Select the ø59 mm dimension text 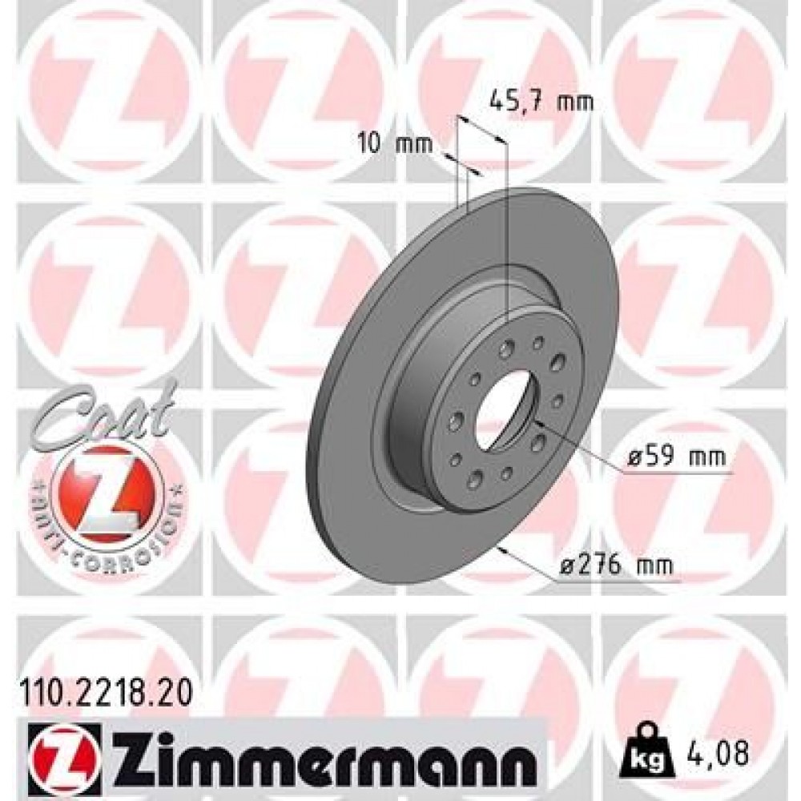[678, 458]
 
